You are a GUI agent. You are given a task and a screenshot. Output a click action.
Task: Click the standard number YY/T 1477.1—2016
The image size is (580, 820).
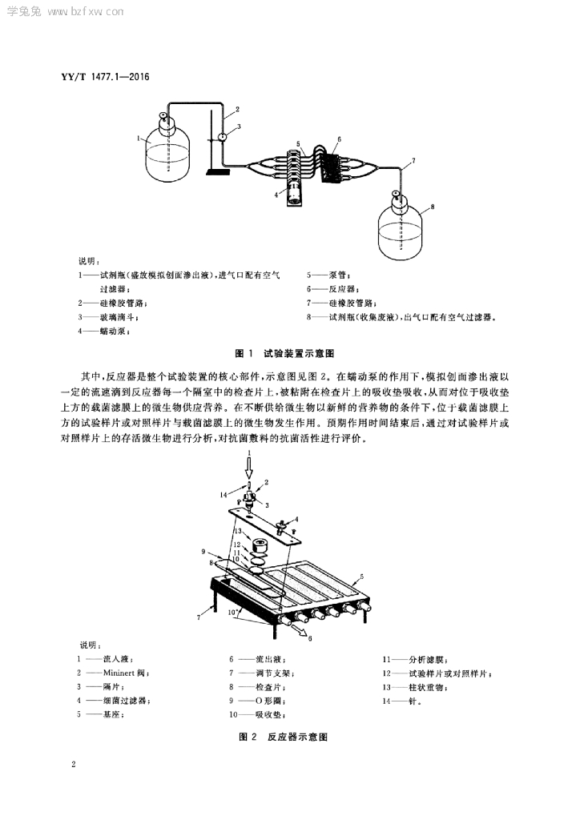105,77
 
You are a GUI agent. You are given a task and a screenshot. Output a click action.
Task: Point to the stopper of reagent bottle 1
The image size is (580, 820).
164,119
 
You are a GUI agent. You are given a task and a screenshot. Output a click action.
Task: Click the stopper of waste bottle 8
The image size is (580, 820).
397,198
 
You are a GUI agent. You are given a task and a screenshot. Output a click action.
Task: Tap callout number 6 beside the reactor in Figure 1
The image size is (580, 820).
340,139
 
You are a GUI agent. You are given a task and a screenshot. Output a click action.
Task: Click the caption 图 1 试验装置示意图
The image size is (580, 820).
284,353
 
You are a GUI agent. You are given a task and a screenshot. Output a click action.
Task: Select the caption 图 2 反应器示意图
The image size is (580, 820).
284,737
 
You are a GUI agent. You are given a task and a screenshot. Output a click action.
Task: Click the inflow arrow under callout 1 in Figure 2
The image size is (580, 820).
249,467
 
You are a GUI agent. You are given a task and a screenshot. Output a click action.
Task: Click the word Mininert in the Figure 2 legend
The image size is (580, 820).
119,673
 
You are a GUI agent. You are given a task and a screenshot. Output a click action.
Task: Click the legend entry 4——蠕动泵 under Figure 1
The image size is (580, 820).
103,331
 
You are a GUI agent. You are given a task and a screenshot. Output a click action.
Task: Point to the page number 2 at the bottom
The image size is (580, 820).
74,764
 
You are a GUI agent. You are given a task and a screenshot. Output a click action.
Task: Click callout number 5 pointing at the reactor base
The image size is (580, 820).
362,577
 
